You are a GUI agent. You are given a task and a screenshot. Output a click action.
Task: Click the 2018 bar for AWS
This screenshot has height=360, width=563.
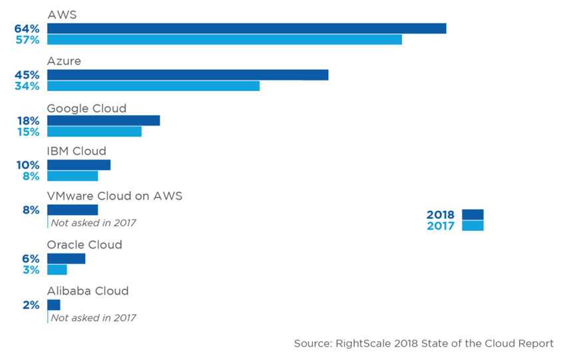246,28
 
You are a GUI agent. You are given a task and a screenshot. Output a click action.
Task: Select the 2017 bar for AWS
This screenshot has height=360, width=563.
224,39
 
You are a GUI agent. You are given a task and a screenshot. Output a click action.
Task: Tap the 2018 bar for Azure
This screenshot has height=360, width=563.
188,75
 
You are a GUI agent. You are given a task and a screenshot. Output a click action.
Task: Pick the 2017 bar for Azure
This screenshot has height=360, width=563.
153,86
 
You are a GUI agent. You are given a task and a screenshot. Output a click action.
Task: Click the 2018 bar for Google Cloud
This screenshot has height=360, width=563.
103,120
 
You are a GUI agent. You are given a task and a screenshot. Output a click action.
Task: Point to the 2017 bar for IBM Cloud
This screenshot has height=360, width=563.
73,176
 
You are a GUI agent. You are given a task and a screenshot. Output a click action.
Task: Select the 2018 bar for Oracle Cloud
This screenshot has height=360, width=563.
66,258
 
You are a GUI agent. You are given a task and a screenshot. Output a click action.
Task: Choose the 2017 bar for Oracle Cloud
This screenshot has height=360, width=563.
57,270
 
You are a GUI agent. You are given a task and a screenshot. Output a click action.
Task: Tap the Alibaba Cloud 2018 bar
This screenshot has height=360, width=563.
54,305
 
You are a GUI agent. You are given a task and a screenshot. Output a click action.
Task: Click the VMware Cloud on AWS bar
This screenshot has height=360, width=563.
73,210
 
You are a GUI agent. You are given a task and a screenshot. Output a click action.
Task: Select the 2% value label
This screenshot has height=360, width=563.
31,305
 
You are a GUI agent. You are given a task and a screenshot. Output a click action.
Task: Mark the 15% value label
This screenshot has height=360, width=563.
29,132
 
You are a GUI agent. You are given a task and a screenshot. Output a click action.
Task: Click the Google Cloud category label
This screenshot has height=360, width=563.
87,108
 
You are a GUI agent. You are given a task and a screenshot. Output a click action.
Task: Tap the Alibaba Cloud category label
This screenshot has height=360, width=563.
88,291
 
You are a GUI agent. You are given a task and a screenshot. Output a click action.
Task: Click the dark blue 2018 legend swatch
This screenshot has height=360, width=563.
472,214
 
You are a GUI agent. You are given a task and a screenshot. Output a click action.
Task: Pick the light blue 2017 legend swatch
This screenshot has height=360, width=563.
472,226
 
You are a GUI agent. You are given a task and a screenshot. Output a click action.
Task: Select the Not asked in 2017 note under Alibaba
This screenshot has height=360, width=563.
93,317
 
